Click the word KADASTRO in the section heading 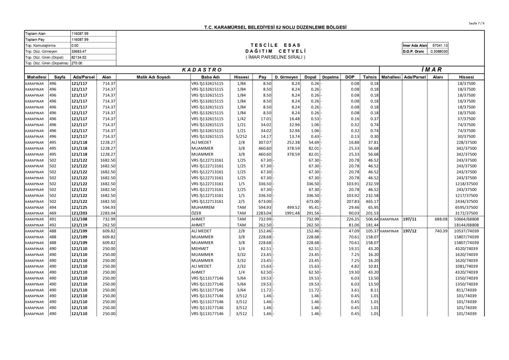point(202,70)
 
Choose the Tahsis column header point(370,77)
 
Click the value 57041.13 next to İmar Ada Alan point(440,45)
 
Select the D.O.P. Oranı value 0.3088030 point(439,51)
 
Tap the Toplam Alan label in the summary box point(35,33)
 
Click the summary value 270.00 point(77,63)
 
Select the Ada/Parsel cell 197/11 point(411,219)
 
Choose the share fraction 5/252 point(242,136)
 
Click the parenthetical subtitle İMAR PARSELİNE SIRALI point(275,57)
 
